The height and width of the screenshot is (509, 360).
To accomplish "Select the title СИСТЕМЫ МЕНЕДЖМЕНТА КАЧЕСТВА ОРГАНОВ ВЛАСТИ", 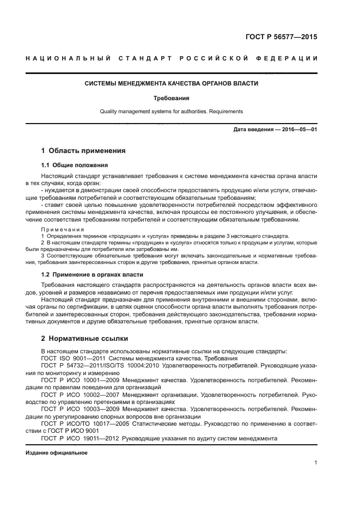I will tap(172, 84).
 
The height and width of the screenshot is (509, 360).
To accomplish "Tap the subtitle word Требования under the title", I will tap(172, 99).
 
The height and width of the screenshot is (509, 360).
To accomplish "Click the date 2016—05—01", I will tap(299, 130).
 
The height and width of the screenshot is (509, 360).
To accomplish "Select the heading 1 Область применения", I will tap(84, 151).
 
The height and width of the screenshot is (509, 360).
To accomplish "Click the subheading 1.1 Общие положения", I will tap(75, 165).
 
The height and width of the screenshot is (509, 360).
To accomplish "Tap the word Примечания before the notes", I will tap(61, 230).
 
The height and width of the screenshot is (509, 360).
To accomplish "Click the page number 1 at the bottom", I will tap(315, 463).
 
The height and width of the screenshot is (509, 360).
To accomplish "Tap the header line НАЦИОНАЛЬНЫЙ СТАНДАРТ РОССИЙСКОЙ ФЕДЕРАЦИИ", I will tap(172, 59).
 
